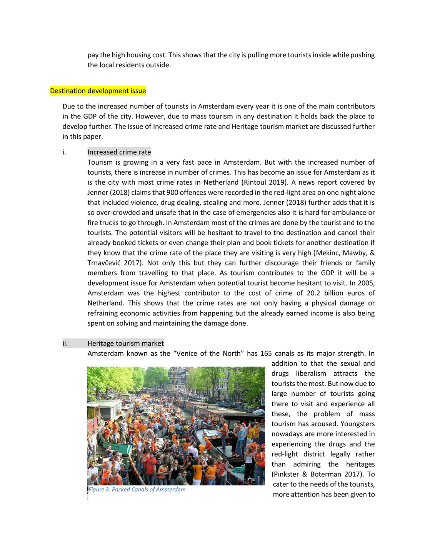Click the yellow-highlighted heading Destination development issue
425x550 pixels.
point(98,91)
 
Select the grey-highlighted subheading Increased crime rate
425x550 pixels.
point(119,152)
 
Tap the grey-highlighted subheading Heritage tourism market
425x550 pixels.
point(125,343)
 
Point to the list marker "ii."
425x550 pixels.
point(65,343)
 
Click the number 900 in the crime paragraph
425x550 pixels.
point(172,192)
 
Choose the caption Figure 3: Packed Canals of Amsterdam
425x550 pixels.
point(137,489)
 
